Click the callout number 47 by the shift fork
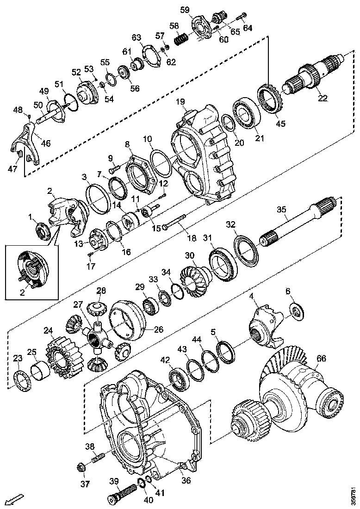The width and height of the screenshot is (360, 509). (12, 169)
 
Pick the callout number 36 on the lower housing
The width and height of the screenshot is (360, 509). (186, 480)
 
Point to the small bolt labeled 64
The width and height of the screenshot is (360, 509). (239, 18)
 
